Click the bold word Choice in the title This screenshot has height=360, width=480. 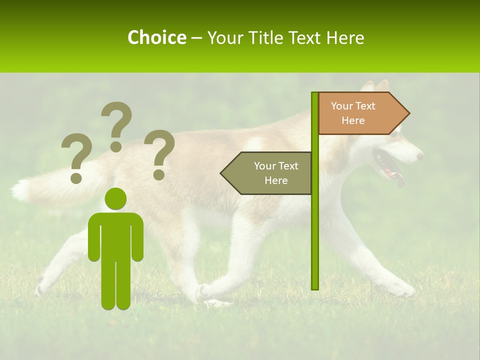156,37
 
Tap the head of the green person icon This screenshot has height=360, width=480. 115,198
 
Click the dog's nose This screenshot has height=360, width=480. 419,155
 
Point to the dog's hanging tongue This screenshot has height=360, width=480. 400,179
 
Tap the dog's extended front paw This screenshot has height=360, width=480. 403,289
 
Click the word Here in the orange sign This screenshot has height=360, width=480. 353,120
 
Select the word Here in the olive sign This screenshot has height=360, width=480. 276,180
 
